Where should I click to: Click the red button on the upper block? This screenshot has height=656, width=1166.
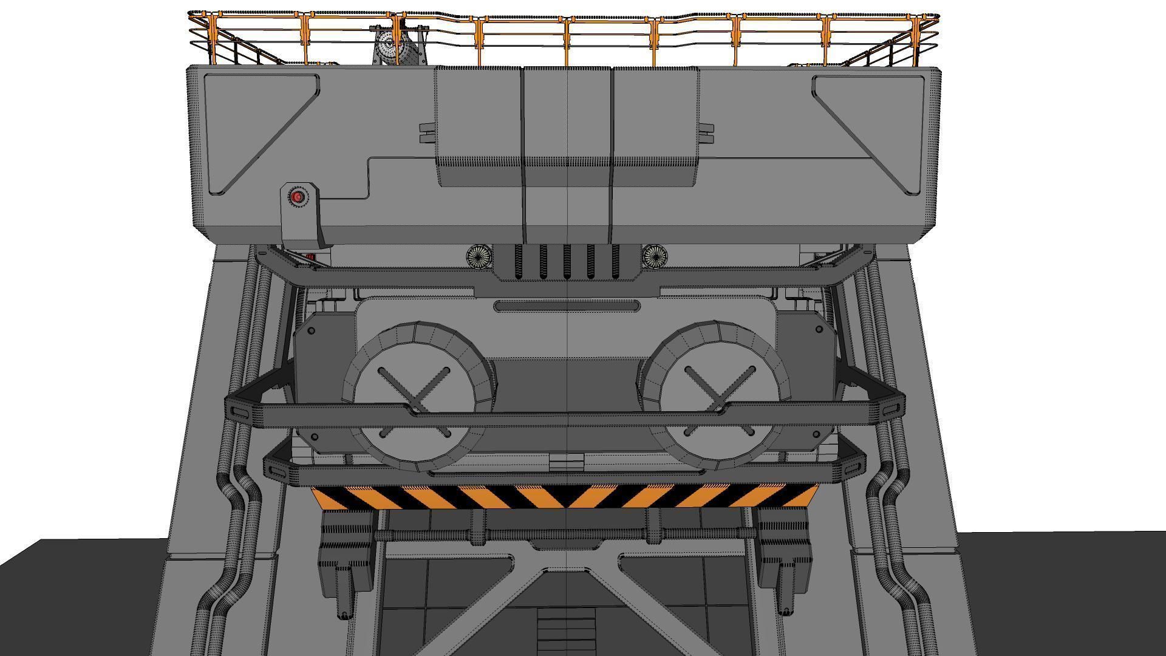[298, 197]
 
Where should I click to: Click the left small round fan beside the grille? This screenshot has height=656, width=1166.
[480, 256]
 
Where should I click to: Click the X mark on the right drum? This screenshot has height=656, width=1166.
[720, 389]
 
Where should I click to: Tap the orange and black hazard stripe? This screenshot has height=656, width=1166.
[565, 496]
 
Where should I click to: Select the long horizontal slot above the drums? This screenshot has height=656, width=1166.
[567, 306]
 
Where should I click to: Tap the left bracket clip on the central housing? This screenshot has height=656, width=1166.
[428, 134]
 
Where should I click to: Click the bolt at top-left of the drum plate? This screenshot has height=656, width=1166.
[311, 331]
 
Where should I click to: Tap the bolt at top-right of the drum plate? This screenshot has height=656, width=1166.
[819, 329]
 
